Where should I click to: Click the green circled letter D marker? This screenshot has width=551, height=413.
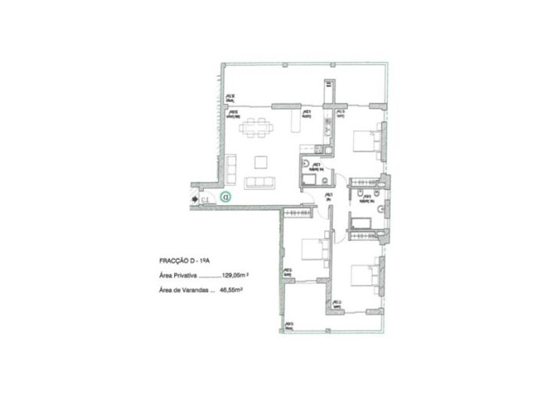(x=225, y=198)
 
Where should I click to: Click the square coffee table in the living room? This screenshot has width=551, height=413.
(x=261, y=162)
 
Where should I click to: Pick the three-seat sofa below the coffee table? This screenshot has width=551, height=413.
(x=260, y=182)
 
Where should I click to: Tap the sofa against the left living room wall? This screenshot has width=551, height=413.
(x=231, y=166)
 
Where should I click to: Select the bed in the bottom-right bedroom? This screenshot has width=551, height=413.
(x=366, y=275)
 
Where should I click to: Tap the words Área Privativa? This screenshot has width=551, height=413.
(x=177, y=275)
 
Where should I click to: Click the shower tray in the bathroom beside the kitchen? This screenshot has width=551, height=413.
(x=308, y=181)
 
